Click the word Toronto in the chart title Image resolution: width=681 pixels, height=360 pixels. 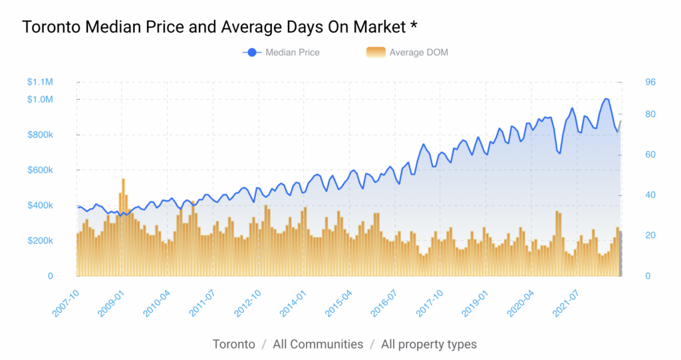[51, 27]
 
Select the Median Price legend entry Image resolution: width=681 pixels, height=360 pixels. [281, 53]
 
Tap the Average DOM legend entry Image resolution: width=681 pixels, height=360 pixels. [407, 53]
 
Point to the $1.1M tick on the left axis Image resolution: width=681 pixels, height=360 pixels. [40, 82]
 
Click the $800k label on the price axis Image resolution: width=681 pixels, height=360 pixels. [40, 135]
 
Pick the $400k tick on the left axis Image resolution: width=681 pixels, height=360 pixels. [40, 205]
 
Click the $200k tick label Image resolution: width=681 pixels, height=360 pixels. [40, 240]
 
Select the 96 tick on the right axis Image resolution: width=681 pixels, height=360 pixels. [650, 82]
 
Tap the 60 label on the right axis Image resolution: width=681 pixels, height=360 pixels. [650, 154]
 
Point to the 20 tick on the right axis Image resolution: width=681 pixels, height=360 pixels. [650, 235]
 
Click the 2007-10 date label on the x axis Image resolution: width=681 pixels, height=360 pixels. [66, 303]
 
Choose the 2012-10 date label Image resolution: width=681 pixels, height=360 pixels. [248, 303]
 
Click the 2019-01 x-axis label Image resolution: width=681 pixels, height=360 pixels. [475, 303]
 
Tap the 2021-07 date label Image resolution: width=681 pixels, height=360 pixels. [566, 303]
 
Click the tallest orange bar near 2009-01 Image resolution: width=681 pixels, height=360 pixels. [123, 228]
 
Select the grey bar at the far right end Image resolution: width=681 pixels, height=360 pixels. [620, 254]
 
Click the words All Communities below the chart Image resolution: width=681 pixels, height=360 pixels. [318, 344]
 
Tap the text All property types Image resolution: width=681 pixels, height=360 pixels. [429, 345]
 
